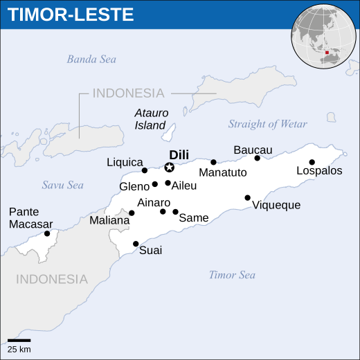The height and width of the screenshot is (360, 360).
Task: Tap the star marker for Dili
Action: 169,167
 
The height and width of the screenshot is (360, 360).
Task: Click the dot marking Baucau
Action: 258,158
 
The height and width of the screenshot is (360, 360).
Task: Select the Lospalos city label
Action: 319,170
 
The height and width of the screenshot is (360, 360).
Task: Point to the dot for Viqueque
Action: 247,198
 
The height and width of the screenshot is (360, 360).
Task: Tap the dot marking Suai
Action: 136,244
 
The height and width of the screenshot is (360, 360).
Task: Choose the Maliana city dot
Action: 132,213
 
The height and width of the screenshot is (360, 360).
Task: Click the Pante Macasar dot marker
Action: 47,233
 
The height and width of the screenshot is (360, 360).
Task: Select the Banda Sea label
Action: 91,60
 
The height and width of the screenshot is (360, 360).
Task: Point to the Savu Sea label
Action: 62,185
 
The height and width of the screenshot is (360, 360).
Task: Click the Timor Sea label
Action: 232,275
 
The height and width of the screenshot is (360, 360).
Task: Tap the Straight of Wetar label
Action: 267,124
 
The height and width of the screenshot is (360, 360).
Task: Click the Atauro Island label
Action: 150,119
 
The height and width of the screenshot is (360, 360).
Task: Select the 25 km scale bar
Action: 19,341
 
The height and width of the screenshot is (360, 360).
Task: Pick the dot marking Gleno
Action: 155,184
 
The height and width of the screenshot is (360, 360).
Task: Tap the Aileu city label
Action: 184,186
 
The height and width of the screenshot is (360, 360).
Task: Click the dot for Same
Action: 176,212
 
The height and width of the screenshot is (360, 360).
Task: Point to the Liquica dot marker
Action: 145,170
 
